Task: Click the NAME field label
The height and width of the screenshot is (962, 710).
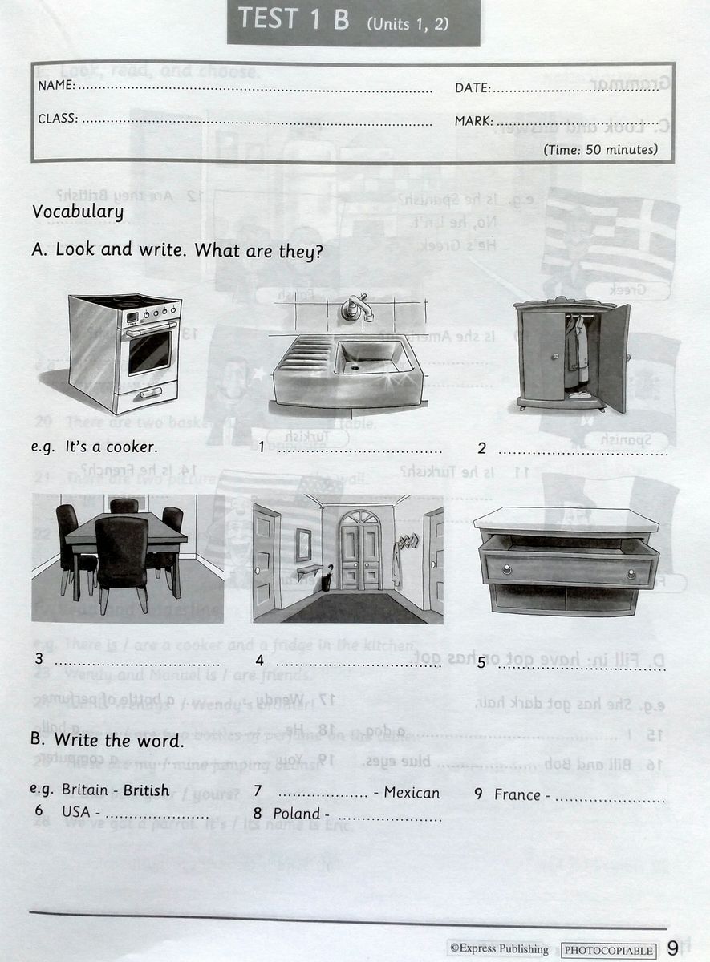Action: [x=56, y=86]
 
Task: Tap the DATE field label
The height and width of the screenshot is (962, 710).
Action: [x=473, y=88]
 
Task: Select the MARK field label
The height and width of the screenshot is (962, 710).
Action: [x=473, y=122]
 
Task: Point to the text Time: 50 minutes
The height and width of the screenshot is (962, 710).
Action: [x=600, y=149]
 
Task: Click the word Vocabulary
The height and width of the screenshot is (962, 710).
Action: [x=77, y=212]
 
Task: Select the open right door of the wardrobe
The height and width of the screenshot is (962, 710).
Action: [x=614, y=358]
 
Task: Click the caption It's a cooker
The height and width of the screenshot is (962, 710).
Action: [x=111, y=447]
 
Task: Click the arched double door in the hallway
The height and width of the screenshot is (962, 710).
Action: [x=360, y=550]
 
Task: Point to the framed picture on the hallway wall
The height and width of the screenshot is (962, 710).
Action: [x=303, y=544]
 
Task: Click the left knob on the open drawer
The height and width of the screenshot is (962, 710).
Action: [x=507, y=569]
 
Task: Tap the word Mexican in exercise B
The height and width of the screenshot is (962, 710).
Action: [x=412, y=793]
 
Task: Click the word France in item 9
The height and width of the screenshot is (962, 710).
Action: [x=517, y=794]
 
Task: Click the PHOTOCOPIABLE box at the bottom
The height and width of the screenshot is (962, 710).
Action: [x=609, y=950]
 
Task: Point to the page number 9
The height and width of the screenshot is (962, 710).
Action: [x=672, y=948]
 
